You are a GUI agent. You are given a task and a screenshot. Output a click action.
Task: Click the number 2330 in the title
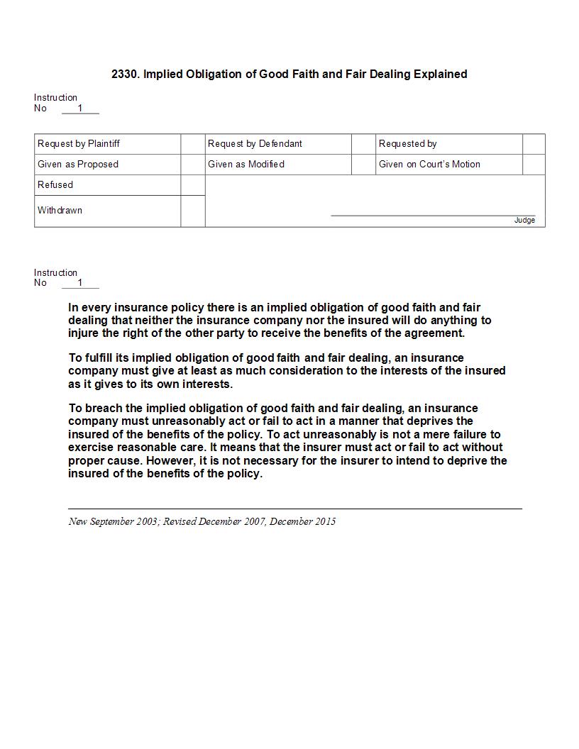click(125, 74)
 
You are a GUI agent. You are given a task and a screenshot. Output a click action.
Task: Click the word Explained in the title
click(440, 74)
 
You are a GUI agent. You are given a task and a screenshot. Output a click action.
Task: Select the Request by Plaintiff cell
click(79, 143)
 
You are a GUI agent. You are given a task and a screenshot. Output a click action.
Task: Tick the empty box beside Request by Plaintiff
click(193, 143)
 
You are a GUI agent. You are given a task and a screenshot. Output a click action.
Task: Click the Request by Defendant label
click(255, 143)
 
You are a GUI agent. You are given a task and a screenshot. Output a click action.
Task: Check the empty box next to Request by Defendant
click(364, 143)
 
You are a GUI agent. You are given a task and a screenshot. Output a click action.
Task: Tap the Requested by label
click(407, 143)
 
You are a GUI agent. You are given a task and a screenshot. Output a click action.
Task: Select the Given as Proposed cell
click(78, 164)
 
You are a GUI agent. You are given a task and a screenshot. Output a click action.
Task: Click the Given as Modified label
click(246, 164)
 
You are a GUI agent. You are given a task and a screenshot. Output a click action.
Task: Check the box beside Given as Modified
click(364, 164)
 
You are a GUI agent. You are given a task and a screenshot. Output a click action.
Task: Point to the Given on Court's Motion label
click(429, 164)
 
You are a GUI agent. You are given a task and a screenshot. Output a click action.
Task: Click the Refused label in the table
click(55, 184)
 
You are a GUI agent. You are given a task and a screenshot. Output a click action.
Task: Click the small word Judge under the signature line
click(524, 221)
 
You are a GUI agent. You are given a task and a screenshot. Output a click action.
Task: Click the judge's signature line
click(433, 214)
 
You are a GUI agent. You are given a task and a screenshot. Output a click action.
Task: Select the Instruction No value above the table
click(80, 109)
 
